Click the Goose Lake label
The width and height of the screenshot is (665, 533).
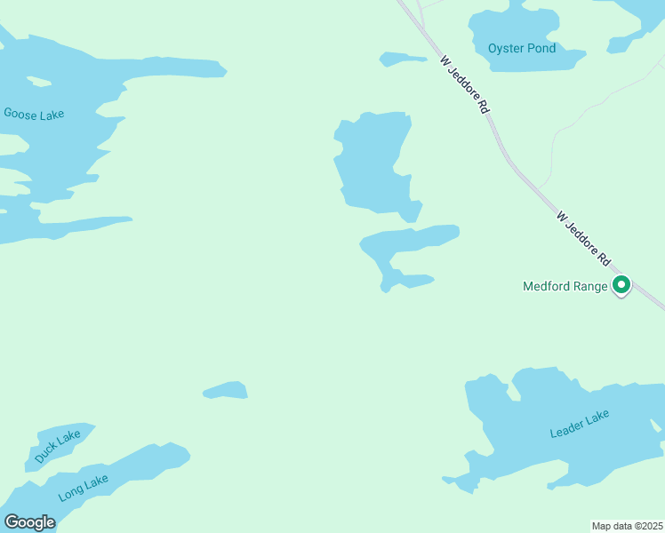tap(34, 114)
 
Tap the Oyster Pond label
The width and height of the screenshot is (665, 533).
tap(522, 48)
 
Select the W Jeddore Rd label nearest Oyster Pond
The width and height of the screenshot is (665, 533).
tap(465, 84)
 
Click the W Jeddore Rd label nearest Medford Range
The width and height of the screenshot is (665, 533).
tap(584, 239)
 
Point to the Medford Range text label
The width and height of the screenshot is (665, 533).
tap(565, 286)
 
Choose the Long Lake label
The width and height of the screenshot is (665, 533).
tap(84, 488)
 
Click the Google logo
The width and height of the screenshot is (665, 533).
tap(29, 522)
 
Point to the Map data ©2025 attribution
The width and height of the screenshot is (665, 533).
tap(628, 526)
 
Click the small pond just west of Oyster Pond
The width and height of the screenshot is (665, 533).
tap(402, 60)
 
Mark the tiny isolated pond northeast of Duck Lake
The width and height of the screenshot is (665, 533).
tap(226, 390)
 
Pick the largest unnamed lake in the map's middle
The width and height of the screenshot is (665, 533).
tap(373, 164)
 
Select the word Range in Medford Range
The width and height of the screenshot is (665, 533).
tap(590, 286)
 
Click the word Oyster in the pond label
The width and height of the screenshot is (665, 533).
tap(505, 48)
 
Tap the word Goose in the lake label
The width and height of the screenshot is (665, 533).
tap(20, 114)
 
